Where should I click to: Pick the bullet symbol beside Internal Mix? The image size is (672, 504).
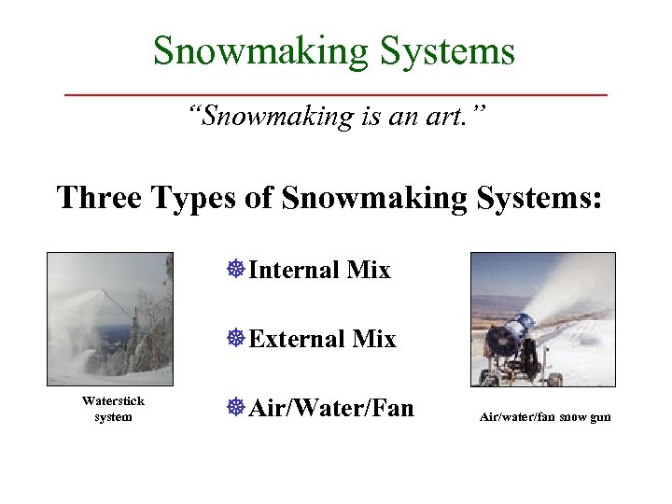pos(235,271)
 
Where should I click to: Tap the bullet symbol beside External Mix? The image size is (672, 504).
pos(235,339)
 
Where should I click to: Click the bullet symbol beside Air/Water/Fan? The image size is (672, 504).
pos(235,407)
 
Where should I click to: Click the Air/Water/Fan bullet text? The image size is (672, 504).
pos(331,407)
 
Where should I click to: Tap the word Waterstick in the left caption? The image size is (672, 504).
pos(113,400)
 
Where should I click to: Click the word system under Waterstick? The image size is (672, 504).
pos(113,416)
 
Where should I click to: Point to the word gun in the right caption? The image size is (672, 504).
pos(599,417)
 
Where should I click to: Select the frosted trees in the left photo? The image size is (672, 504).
pos(149,336)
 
